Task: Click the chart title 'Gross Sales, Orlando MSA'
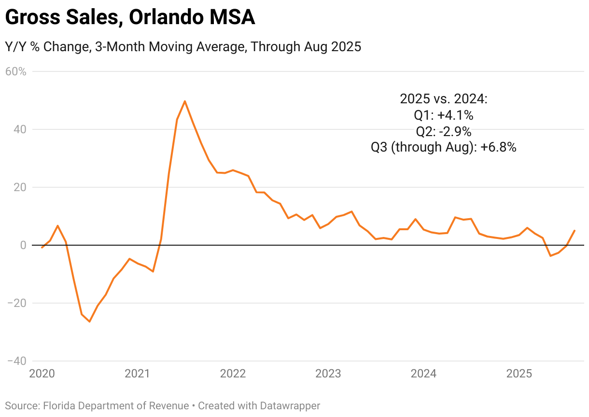tap(130, 18)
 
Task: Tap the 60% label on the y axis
tap(15, 72)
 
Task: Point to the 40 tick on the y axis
tap(19, 129)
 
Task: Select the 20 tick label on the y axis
tap(19, 187)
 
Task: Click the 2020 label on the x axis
tap(42, 374)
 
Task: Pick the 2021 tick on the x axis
tap(138, 374)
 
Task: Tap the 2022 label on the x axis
tap(233, 374)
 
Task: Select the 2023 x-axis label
tap(328, 374)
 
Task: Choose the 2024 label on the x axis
tap(423, 374)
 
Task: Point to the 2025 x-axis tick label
tap(519, 374)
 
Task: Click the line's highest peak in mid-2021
tap(185, 101)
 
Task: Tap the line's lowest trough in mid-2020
tap(90, 321)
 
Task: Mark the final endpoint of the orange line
tap(574, 231)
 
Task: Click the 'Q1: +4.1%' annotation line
tap(444, 115)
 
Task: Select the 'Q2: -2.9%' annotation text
tap(444, 131)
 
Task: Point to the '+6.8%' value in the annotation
tap(498, 148)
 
